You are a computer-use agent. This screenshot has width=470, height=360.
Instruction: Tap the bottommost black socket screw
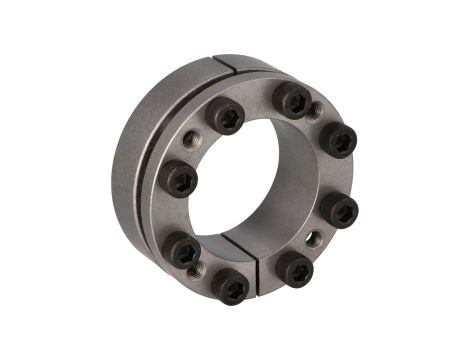[x=232, y=288]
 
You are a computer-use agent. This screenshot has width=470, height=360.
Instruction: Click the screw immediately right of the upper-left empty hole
[x=225, y=117]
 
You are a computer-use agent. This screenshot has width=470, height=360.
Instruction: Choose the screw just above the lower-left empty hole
[x=183, y=250]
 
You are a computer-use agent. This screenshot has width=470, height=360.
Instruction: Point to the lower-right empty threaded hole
[x=314, y=238]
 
